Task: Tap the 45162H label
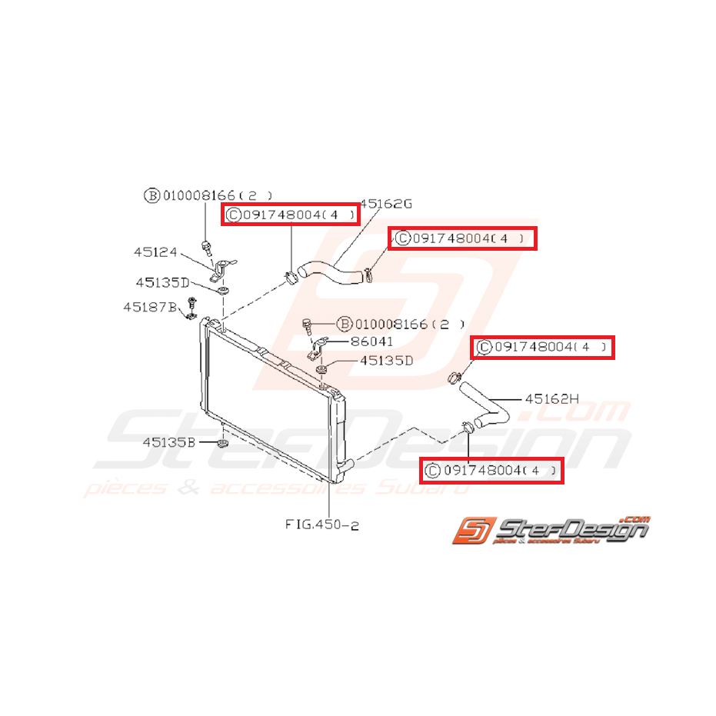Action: [x=551, y=398]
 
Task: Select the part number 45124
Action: [x=155, y=251]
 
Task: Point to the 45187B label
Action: [x=150, y=307]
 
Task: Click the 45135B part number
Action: [x=169, y=442]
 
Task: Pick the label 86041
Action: [x=371, y=340]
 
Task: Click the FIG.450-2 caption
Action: [x=322, y=525]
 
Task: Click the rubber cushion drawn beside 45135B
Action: [x=222, y=444]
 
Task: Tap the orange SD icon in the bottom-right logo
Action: [x=470, y=530]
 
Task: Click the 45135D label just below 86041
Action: [x=382, y=360]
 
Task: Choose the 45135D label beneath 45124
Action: [x=162, y=283]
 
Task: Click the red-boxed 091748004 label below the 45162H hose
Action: [x=491, y=470]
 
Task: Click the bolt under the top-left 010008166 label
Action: [x=206, y=246]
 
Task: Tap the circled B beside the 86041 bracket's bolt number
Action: [x=344, y=324]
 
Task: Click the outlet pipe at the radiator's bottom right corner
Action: [x=346, y=465]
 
